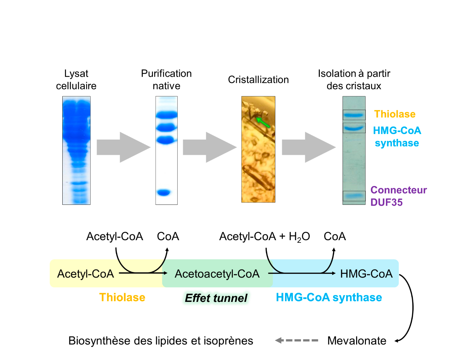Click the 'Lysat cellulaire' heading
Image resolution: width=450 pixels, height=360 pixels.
(x=76, y=80)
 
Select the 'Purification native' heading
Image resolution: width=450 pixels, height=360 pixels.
(x=166, y=80)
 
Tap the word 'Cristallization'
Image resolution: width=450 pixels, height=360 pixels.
(x=258, y=80)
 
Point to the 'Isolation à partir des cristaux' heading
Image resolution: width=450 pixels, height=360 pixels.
(x=354, y=80)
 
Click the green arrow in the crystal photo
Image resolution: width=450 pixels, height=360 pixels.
(x=263, y=123)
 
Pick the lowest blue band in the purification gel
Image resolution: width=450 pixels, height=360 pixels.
(x=164, y=192)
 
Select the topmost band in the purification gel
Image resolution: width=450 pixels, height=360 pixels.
(x=167, y=115)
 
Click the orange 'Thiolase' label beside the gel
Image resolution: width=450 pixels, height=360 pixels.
(x=394, y=114)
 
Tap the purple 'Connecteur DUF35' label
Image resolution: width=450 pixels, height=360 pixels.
(x=398, y=196)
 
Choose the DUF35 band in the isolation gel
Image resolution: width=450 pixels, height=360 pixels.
(x=354, y=196)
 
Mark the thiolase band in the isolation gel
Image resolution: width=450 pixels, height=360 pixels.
(x=354, y=115)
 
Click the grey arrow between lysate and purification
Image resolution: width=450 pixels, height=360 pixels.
(x=123, y=147)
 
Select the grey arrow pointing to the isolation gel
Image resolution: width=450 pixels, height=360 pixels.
(x=308, y=147)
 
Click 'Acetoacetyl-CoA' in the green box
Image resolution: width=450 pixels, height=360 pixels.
(x=217, y=274)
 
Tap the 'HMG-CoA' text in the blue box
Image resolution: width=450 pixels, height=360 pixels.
(x=366, y=274)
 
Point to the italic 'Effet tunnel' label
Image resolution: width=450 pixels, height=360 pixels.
(x=216, y=298)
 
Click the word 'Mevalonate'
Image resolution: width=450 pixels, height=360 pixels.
(x=356, y=341)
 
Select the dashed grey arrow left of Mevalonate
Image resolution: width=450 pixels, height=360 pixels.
(x=296, y=341)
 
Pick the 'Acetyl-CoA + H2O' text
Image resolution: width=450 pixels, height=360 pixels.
(x=264, y=236)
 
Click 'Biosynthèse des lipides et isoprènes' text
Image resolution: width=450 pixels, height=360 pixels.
(x=161, y=341)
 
